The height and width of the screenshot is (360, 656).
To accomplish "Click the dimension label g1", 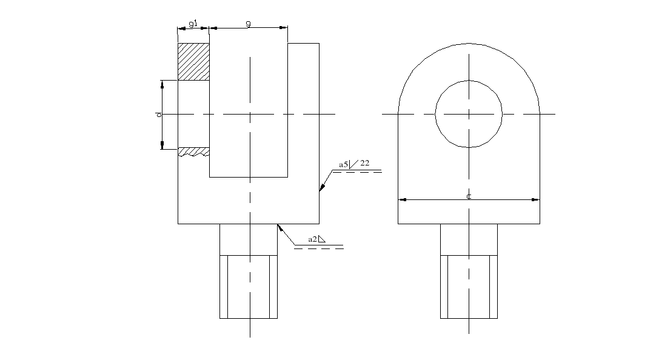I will tap(192, 24).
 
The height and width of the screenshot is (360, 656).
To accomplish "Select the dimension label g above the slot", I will tap(249, 24).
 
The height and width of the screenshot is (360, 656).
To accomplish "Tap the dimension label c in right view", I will tap(469, 196).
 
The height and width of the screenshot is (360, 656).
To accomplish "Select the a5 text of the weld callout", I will tap(343, 164).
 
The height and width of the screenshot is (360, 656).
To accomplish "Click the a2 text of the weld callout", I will tap(312, 239).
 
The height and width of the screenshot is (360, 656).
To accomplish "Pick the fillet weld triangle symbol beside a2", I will tap(321, 239).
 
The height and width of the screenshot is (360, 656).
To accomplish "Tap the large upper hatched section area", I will tap(193, 61).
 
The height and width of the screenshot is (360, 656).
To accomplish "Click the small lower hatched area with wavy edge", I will tap(193, 152).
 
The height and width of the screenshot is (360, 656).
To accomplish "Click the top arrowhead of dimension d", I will tap(162, 84).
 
